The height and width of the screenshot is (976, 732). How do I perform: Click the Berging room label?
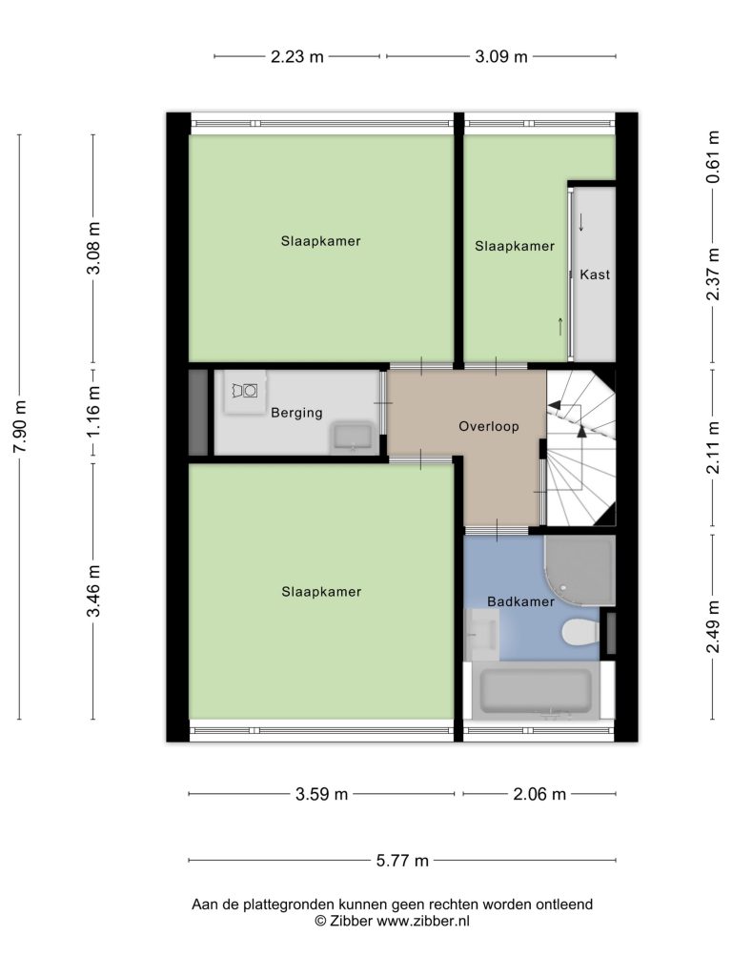click(296, 413)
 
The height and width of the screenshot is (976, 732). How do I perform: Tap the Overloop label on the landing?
click(489, 426)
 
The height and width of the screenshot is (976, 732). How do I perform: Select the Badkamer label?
click(520, 601)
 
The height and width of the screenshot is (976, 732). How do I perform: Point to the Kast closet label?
click(595, 274)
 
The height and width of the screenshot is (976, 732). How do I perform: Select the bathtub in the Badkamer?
click(536, 690)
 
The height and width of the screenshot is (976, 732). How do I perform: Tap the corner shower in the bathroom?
click(579, 570)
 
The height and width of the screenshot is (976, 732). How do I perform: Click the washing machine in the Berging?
click(246, 391)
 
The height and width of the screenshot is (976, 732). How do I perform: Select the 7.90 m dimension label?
click(21, 427)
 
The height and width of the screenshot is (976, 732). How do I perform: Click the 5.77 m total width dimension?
click(403, 861)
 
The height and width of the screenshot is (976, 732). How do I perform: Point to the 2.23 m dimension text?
click(297, 56)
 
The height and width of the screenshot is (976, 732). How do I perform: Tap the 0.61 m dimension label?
click(713, 156)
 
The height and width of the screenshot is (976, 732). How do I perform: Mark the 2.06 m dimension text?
click(539, 794)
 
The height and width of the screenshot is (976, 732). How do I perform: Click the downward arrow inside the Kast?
click(581, 222)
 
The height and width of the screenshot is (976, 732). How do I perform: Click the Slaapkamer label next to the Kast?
click(514, 246)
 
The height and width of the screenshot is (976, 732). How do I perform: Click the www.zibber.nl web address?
click(422, 922)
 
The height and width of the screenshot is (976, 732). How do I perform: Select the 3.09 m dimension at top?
click(501, 56)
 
